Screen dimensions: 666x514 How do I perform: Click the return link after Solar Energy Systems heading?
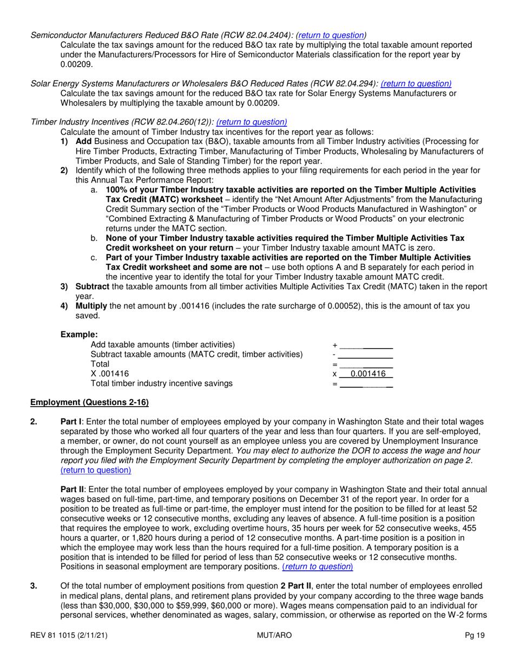pyautogui.click(x=416, y=83)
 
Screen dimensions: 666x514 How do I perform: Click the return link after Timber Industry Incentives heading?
pyautogui.click(x=252, y=122)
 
